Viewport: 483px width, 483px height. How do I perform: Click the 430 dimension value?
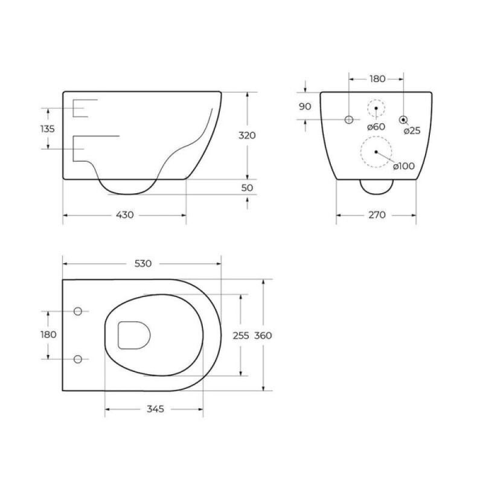coord(125,215)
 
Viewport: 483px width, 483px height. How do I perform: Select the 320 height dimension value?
coord(247,135)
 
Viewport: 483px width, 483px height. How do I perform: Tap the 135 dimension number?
coord(48,129)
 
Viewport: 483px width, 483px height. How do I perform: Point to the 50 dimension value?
coord(247,188)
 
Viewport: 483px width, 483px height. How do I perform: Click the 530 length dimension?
coord(143,264)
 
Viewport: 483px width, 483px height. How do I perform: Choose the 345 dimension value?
coord(156,409)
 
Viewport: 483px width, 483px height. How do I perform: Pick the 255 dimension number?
coord(241,336)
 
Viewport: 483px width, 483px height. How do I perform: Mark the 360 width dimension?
coord(263,336)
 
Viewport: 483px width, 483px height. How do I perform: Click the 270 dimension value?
coord(377,215)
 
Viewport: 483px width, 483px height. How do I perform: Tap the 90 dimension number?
coord(305,107)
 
